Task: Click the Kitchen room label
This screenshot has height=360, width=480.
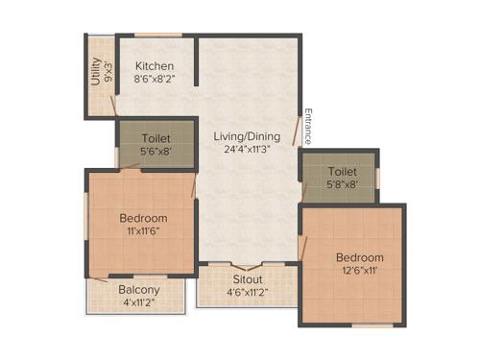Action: point(154,66)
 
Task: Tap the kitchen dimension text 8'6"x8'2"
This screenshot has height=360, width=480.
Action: point(154,81)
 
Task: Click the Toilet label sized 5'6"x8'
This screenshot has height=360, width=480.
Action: point(156,137)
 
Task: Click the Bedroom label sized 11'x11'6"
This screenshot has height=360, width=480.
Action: point(143,217)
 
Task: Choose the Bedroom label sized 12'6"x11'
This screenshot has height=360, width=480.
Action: point(359,257)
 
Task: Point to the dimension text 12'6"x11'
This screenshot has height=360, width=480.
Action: point(359,272)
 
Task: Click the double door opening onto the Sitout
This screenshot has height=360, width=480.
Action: point(245,265)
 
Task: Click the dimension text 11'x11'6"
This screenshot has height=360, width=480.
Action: point(143,231)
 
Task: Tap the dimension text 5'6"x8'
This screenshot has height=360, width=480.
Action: point(156,152)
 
